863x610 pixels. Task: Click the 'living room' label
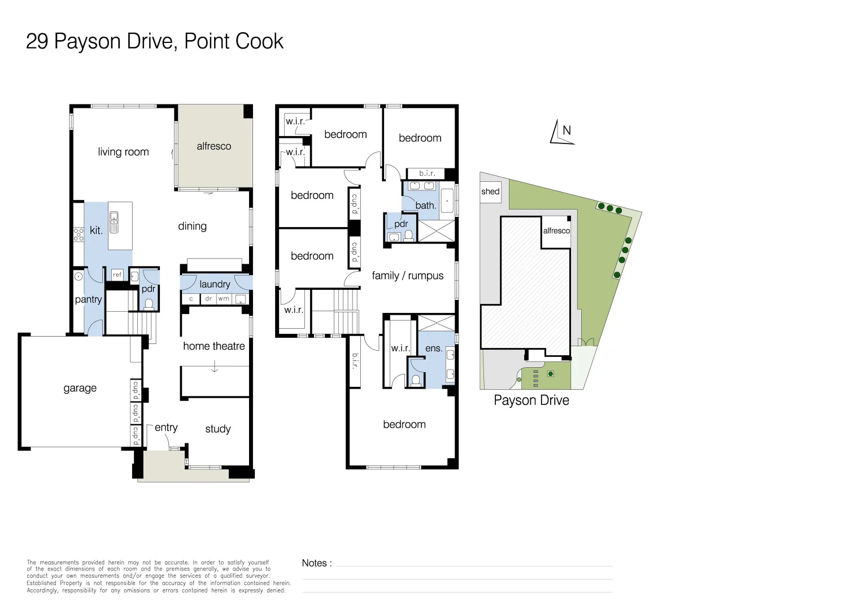[x=123, y=152]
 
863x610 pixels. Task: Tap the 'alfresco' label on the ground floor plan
[x=213, y=146]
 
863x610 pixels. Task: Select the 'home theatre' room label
[x=213, y=346]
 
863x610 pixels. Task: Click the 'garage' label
[x=80, y=388]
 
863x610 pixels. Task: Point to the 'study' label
[x=217, y=429]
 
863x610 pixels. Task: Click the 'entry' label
[x=165, y=428]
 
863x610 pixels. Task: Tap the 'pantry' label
[x=88, y=299]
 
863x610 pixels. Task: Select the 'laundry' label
[x=215, y=284]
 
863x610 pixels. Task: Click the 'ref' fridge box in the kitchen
[x=117, y=274]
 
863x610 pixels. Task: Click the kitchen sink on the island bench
[x=114, y=222]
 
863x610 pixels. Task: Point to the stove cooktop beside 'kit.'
[x=79, y=234]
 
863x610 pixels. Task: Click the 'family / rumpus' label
[x=407, y=276]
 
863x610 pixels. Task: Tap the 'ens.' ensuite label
[x=433, y=348]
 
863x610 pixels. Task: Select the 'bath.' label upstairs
[x=425, y=206]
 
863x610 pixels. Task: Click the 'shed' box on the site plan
[x=490, y=191]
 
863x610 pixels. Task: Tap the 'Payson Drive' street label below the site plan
[x=531, y=400]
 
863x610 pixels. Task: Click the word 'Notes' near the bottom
[x=314, y=563]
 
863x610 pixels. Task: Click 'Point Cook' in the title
[x=234, y=41]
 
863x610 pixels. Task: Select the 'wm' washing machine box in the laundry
[x=224, y=299]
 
